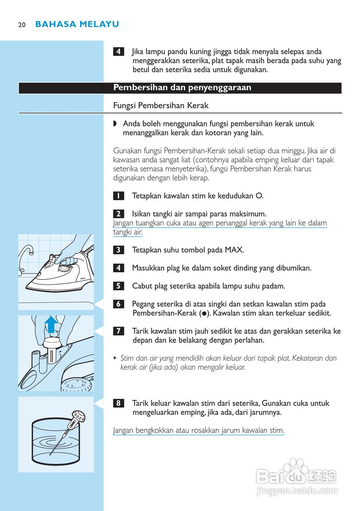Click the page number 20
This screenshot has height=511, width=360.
pyautogui.click(x=22, y=25)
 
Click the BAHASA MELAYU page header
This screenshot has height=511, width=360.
pyautogui.click(x=77, y=24)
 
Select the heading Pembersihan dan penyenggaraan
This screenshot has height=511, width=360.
pyautogui.click(x=182, y=88)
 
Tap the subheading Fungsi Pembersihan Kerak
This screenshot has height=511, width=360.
pyautogui.click(x=161, y=106)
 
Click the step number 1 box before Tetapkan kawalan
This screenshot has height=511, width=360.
pyautogui.click(x=118, y=196)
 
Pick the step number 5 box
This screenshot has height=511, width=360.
pyautogui.click(x=118, y=286)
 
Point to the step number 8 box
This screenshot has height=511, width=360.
pyautogui.click(x=118, y=403)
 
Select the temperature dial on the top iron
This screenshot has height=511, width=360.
pyautogui.click(x=64, y=270)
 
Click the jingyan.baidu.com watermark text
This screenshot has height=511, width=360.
pyautogui.click(x=296, y=491)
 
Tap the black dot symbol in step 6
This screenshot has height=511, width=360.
pyautogui.click(x=204, y=314)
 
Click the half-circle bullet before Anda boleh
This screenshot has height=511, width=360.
pyautogui.click(x=115, y=124)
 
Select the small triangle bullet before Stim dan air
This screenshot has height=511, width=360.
pyautogui.click(x=115, y=358)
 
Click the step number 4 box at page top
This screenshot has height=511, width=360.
pyautogui.click(x=118, y=52)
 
